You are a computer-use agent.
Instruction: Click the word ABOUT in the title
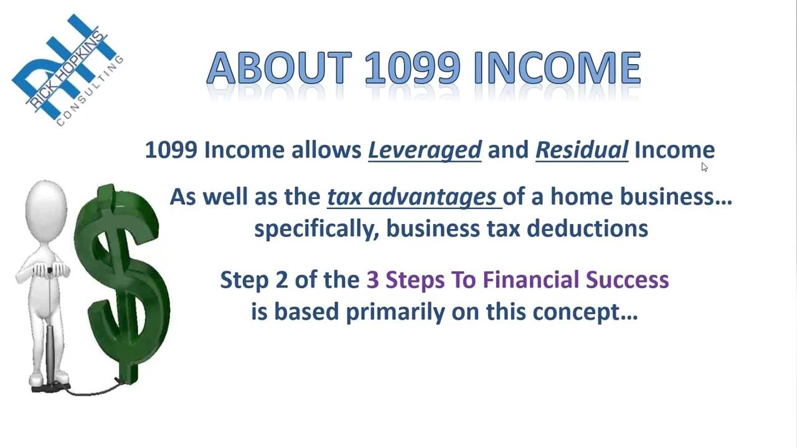click(279, 68)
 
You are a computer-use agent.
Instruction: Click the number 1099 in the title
click(412, 68)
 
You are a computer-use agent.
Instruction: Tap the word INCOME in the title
click(557, 68)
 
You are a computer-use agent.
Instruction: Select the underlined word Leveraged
click(425, 150)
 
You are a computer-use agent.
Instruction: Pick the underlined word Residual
click(582, 150)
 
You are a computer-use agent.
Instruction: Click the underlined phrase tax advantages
click(413, 197)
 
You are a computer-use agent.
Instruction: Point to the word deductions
click(587, 228)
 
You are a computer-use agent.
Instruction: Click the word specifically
click(316, 228)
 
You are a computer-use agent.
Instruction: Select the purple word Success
click(628, 280)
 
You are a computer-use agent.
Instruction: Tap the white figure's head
click(45, 206)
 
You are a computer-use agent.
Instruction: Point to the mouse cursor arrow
click(704, 167)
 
